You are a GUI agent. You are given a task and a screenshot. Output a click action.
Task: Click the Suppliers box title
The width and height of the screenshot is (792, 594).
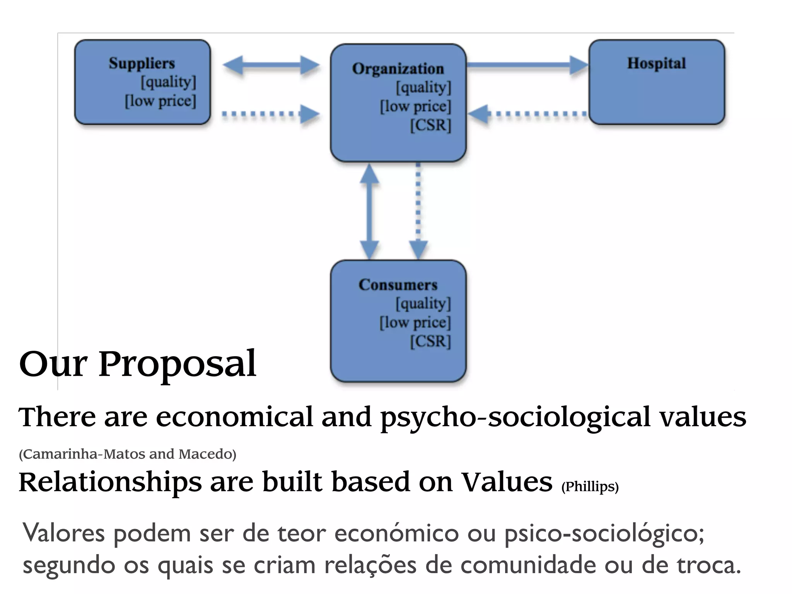(x=142, y=63)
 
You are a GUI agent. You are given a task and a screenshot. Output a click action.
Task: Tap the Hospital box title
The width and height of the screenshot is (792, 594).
(x=656, y=63)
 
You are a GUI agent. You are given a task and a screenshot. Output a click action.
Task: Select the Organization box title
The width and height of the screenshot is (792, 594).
(x=398, y=69)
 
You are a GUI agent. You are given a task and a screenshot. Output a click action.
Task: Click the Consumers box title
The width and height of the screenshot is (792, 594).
(x=398, y=285)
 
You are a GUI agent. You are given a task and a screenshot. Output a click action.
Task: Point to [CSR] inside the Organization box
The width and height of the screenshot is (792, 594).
(x=430, y=125)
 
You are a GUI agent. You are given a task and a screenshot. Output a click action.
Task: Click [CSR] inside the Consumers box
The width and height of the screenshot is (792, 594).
(x=430, y=341)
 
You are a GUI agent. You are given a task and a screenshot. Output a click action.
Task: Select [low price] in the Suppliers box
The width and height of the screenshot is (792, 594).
(x=160, y=101)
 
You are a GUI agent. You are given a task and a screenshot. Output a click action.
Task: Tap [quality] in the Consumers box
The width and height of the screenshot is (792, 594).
(x=423, y=304)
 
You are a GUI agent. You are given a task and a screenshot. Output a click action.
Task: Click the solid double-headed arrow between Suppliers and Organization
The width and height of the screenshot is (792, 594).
(x=271, y=65)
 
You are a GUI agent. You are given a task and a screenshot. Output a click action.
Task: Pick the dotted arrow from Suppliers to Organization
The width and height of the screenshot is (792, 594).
(x=271, y=114)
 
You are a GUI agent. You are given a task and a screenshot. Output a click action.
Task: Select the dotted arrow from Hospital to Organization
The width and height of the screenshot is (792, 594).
(x=527, y=114)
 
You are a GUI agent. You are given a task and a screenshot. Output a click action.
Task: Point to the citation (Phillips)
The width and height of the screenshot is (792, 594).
(x=590, y=486)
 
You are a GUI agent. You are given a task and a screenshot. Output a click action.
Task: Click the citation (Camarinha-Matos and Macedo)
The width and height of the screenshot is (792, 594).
(x=127, y=454)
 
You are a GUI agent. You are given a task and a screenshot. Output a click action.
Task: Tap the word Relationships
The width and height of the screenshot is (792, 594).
(x=110, y=482)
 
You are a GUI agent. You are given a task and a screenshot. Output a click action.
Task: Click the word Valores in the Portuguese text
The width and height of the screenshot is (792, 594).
(x=64, y=533)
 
